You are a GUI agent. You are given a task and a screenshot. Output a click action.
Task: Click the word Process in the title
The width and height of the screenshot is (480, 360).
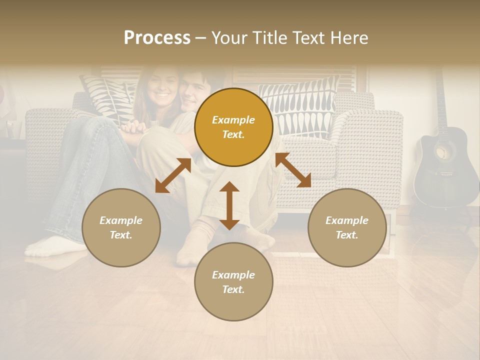tap(157, 38)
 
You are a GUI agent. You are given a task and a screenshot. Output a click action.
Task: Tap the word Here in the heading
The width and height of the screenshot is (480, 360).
tap(348, 38)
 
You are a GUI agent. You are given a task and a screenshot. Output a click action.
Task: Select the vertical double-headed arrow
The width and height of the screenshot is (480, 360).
tap(229, 205)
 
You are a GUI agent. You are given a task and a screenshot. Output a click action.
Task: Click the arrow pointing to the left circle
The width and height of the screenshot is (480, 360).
tap(173, 175)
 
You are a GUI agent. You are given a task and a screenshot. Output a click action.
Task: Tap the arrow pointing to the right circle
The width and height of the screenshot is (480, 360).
tap(293, 170)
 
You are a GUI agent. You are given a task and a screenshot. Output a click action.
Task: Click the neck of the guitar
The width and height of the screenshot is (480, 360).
tap(439, 100)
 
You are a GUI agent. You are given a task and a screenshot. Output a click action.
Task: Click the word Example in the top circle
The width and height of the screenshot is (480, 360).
tap(233, 120)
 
